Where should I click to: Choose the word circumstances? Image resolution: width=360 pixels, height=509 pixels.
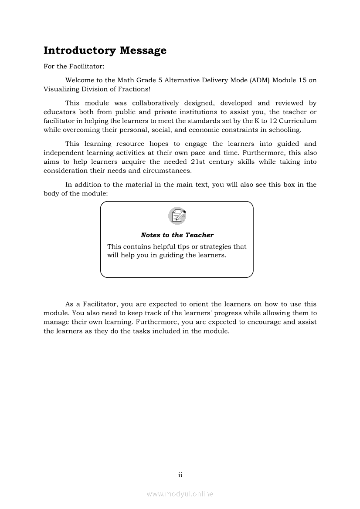pos(169,171)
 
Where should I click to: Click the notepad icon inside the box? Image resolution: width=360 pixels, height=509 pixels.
pos(177,216)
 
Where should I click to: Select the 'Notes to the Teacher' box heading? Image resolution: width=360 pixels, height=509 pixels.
pos(177,235)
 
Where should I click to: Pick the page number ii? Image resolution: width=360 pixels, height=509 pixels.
pos(180,475)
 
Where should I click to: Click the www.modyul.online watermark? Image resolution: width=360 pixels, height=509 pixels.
pos(180,494)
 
